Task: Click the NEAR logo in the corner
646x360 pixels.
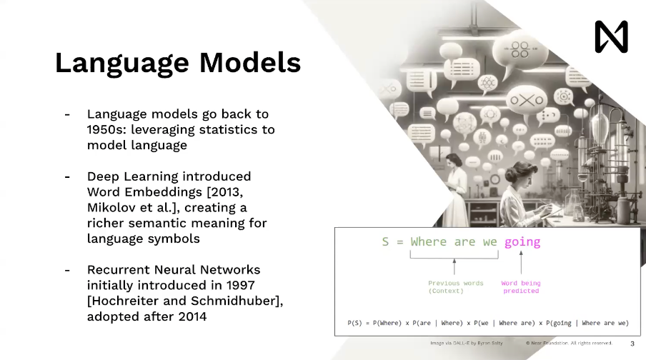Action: coord(612,36)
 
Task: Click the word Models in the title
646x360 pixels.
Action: coord(250,63)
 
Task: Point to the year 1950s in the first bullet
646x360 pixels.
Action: coord(106,129)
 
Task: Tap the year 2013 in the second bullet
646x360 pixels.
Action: coord(225,192)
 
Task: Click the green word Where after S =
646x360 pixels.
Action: coord(428,241)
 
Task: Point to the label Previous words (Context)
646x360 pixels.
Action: coord(455,287)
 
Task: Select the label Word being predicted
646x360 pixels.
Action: coord(521,287)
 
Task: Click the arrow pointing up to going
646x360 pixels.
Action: coord(521,262)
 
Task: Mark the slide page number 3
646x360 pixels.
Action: coord(632,344)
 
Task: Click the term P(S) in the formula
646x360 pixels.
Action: coord(354,323)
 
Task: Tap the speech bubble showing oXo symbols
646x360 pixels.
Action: coord(527,100)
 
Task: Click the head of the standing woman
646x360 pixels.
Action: coord(453,161)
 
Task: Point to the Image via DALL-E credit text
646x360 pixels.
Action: coord(467,343)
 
